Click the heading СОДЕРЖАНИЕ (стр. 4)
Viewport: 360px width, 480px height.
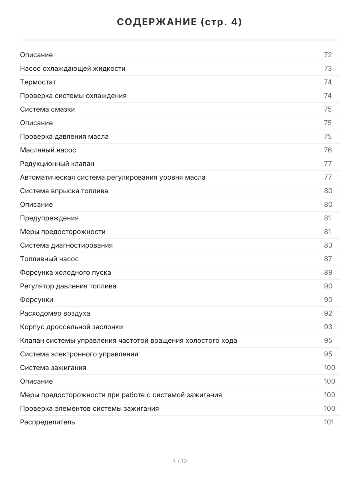(x=180, y=22)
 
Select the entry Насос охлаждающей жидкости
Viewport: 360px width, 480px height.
(x=73, y=68)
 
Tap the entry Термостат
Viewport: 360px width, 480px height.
(x=38, y=82)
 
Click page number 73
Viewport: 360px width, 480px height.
(x=328, y=68)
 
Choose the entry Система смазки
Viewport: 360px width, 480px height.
(x=47, y=109)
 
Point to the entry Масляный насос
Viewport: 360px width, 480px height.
(x=48, y=150)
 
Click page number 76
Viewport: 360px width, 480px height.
(x=328, y=150)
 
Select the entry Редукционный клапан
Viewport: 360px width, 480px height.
(x=57, y=164)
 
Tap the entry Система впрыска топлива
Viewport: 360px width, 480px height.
(x=64, y=191)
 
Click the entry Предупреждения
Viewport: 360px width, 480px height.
(x=49, y=218)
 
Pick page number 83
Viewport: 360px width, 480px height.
(x=328, y=245)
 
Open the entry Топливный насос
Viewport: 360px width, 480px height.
(x=49, y=259)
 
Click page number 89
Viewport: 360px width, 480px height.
(x=328, y=272)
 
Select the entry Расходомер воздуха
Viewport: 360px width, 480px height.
(x=55, y=313)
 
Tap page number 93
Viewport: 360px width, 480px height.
(x=328, y=327)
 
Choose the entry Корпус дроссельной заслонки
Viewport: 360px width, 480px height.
(x=72, y=327)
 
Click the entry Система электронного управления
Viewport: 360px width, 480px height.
(x=79, y=354)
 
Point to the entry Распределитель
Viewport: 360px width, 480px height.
(x=47, y=422)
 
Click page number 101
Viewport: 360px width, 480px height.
(x=328, y=422)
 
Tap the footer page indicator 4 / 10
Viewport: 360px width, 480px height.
(x=180, y=461)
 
